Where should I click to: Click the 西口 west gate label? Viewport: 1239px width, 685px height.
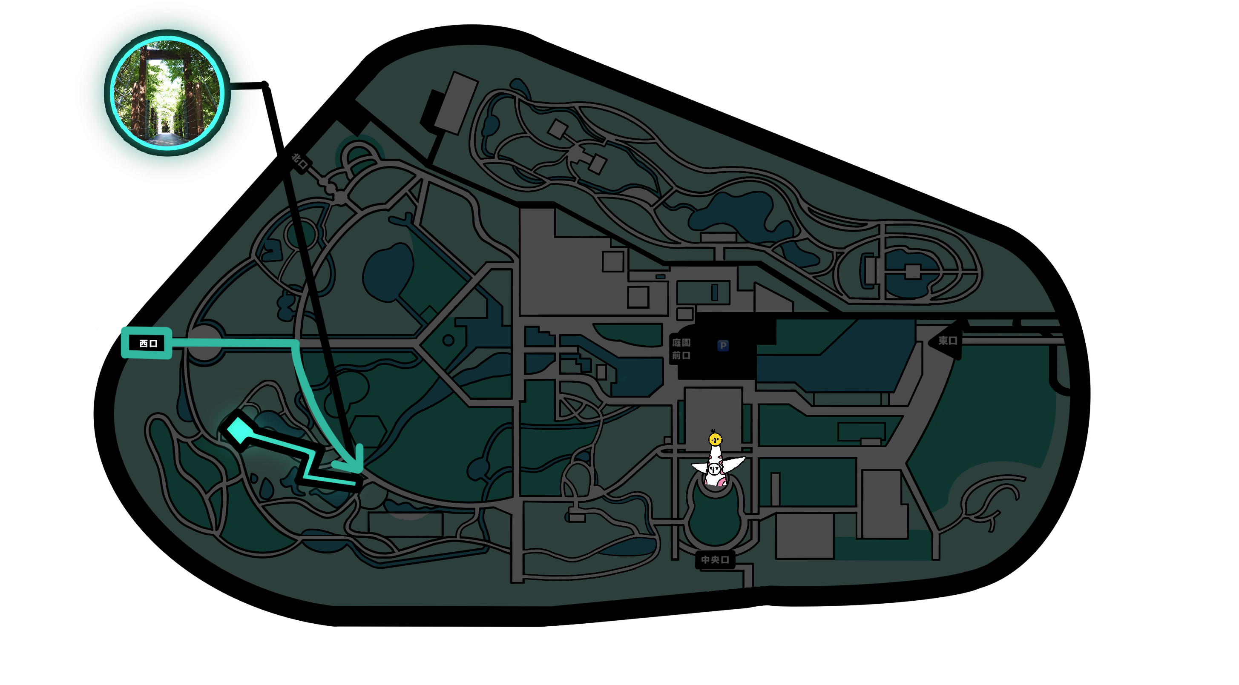click(148, 343)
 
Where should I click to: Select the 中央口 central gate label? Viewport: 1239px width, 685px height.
click(715, 559)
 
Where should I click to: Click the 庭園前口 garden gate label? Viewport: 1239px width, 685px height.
click(681, 349)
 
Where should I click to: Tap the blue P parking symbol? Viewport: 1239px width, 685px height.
click(722, 346)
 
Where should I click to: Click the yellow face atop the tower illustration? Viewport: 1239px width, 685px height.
click(715, 439)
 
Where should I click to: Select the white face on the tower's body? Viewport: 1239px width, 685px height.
click(715, 469)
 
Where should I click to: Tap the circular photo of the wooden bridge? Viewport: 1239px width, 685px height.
click(167, 93)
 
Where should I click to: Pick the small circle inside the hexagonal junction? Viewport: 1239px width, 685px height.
click(448, 340)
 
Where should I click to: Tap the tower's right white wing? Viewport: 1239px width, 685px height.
click(733, 464)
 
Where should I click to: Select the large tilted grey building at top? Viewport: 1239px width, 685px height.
click(455, 103)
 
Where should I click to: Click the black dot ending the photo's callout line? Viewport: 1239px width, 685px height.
click(264, 85)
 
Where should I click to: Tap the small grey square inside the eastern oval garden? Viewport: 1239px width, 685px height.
click(912, 272)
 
